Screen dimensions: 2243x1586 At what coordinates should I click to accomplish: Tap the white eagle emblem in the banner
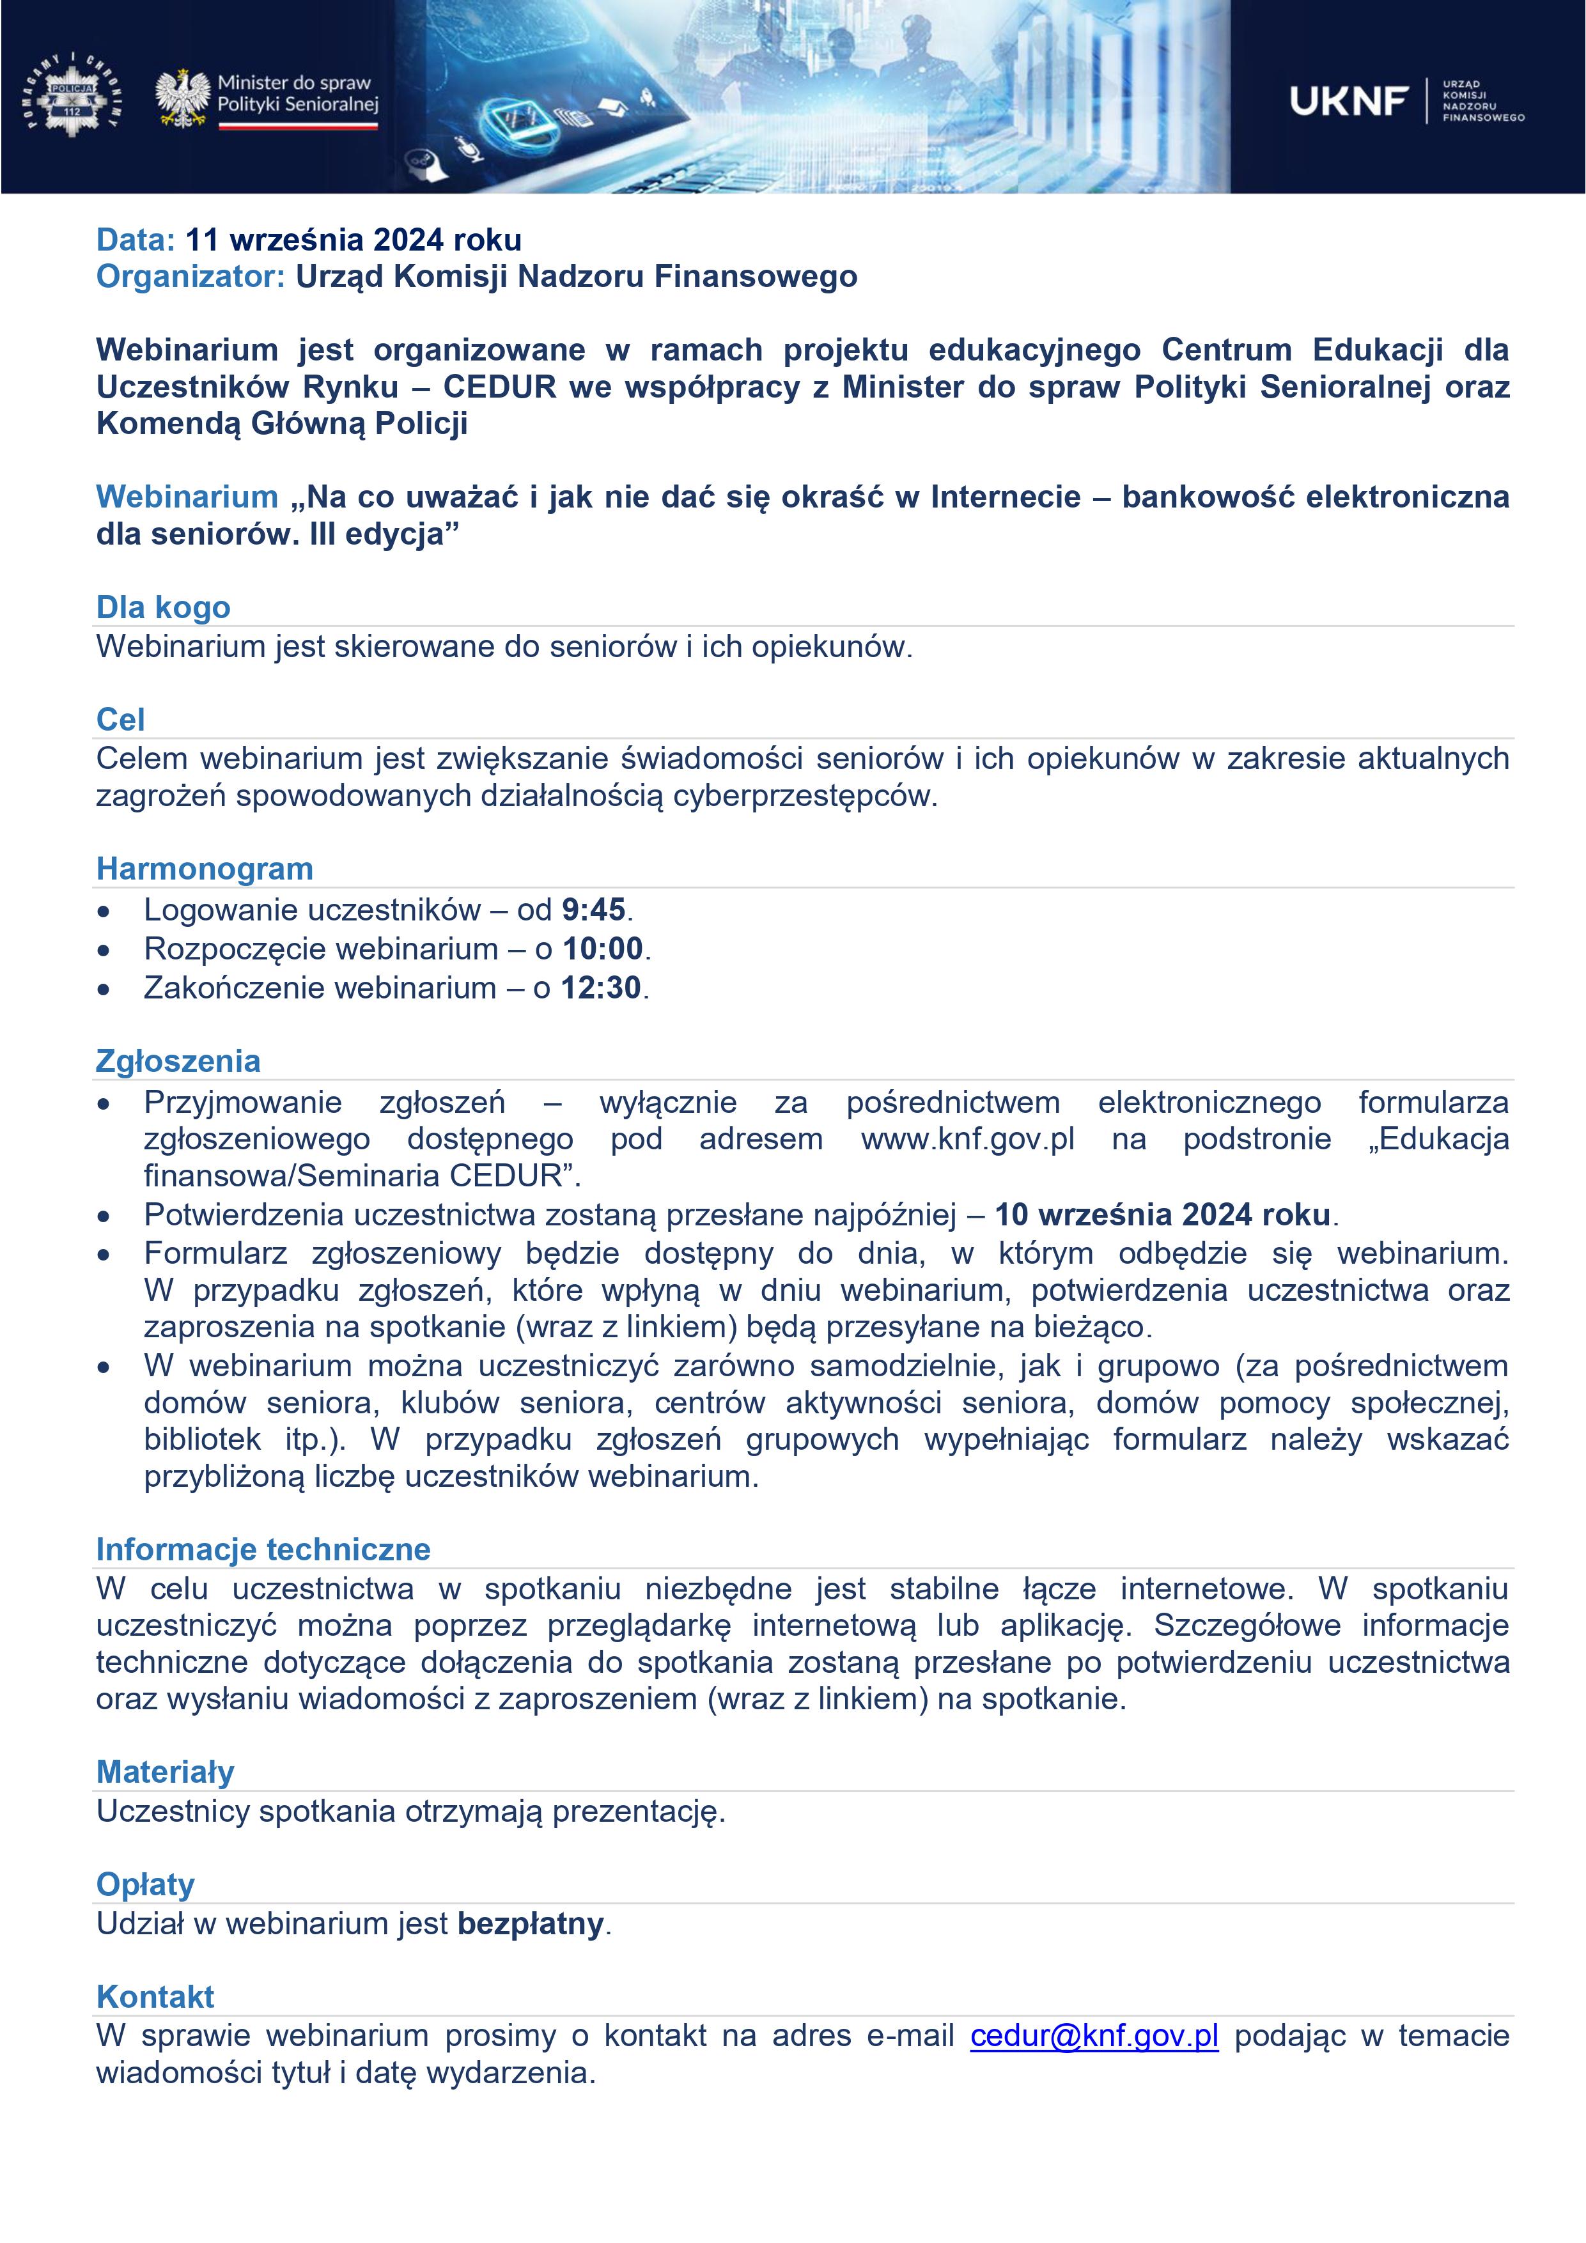pyautogui.click(x=183, y=98)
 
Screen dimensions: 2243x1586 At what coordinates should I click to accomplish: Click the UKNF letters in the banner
pyautogui.click(x=1349, y=100)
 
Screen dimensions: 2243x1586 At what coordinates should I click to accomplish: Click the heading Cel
pyautogui.click(x=120, y=719)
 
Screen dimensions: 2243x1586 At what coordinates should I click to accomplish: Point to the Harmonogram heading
pyautogui.click(x=204, y=869)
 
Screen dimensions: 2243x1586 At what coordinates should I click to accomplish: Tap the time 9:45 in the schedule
pyautogui.click(x=593, y=910)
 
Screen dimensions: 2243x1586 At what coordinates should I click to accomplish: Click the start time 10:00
pyautogui.click(x=603, y=949)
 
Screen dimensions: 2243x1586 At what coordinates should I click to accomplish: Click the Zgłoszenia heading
pyautogui.click(x=178, y=1061)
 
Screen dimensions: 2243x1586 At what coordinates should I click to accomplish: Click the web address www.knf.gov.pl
pyautogui.click(x=967, y=1139)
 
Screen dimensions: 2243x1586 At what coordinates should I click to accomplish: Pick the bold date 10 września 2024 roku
pyautogui.click(x=1162, y=1215)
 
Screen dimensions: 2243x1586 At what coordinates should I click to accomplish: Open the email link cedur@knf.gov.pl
pyautogui.click(x=1094, y=2036)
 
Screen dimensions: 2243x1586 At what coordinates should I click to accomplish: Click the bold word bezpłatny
pyautogui.click(x=531, y=1923)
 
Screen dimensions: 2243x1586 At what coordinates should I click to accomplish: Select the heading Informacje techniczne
pyautogui.click(x=263, y=1549)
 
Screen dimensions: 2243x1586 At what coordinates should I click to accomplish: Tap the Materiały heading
pyautogui.click(x=165, y=1772)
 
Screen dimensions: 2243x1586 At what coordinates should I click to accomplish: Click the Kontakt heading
pyautogui.click(x=155, y=1997)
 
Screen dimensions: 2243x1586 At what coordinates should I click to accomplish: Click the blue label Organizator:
pyautogui.click(x=190, y=277)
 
